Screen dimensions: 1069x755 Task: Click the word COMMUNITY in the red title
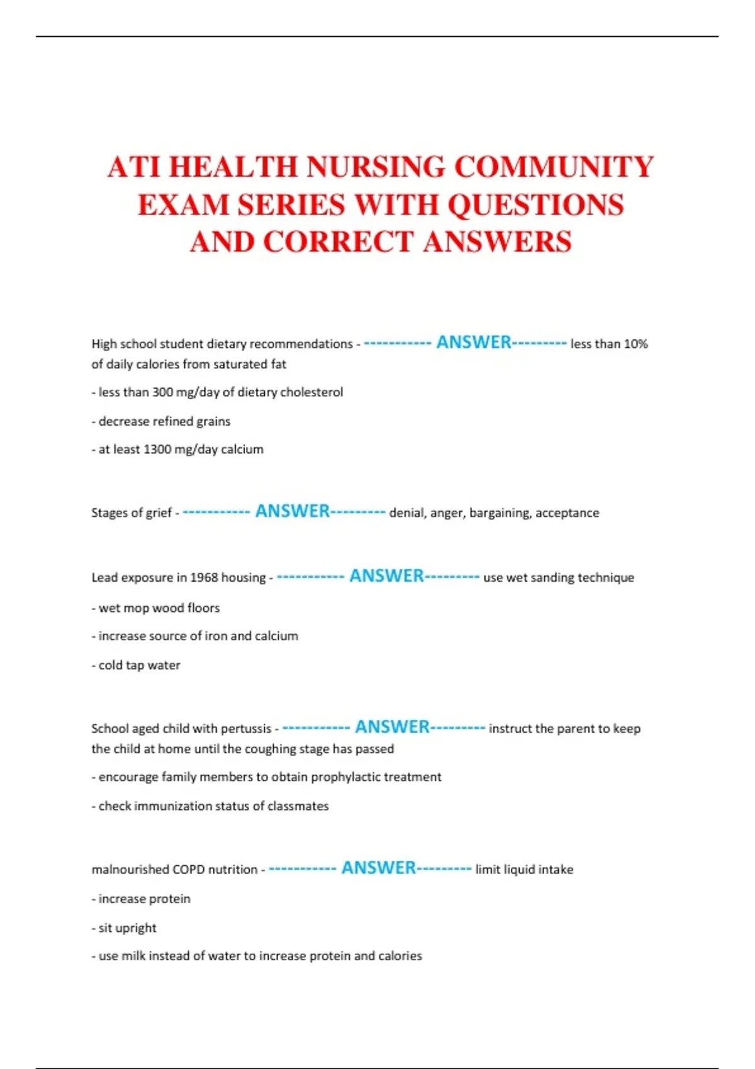(x=554, y=167)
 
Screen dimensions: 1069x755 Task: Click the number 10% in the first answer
(x=635, y=344)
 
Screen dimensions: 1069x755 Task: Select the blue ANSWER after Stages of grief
(x=293, y=511)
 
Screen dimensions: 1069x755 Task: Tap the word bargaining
(x=500, y=513)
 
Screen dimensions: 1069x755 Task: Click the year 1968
(x=204, y=577)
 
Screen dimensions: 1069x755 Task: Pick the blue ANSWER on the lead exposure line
(x=386, y=576)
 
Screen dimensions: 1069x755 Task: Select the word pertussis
(x=245, y=729)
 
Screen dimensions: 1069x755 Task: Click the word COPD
(x=189, y=870)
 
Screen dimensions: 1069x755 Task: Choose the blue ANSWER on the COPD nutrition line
(x=378, y=868)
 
